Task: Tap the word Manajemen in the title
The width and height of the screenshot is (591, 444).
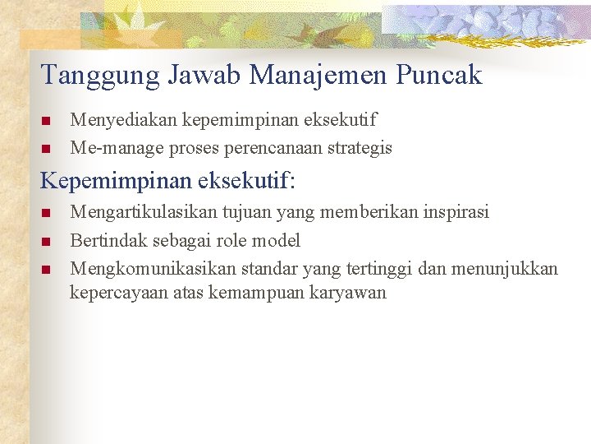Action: coord(319,76)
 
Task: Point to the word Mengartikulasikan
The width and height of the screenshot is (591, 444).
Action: coord(143,213)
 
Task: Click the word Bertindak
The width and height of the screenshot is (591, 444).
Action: coord(105,240)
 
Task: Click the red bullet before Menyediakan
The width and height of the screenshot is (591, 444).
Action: coord(46,122)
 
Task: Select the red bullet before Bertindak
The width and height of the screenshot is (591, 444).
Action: coord(46,241)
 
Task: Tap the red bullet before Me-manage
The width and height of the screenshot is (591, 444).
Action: coord(46,149)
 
